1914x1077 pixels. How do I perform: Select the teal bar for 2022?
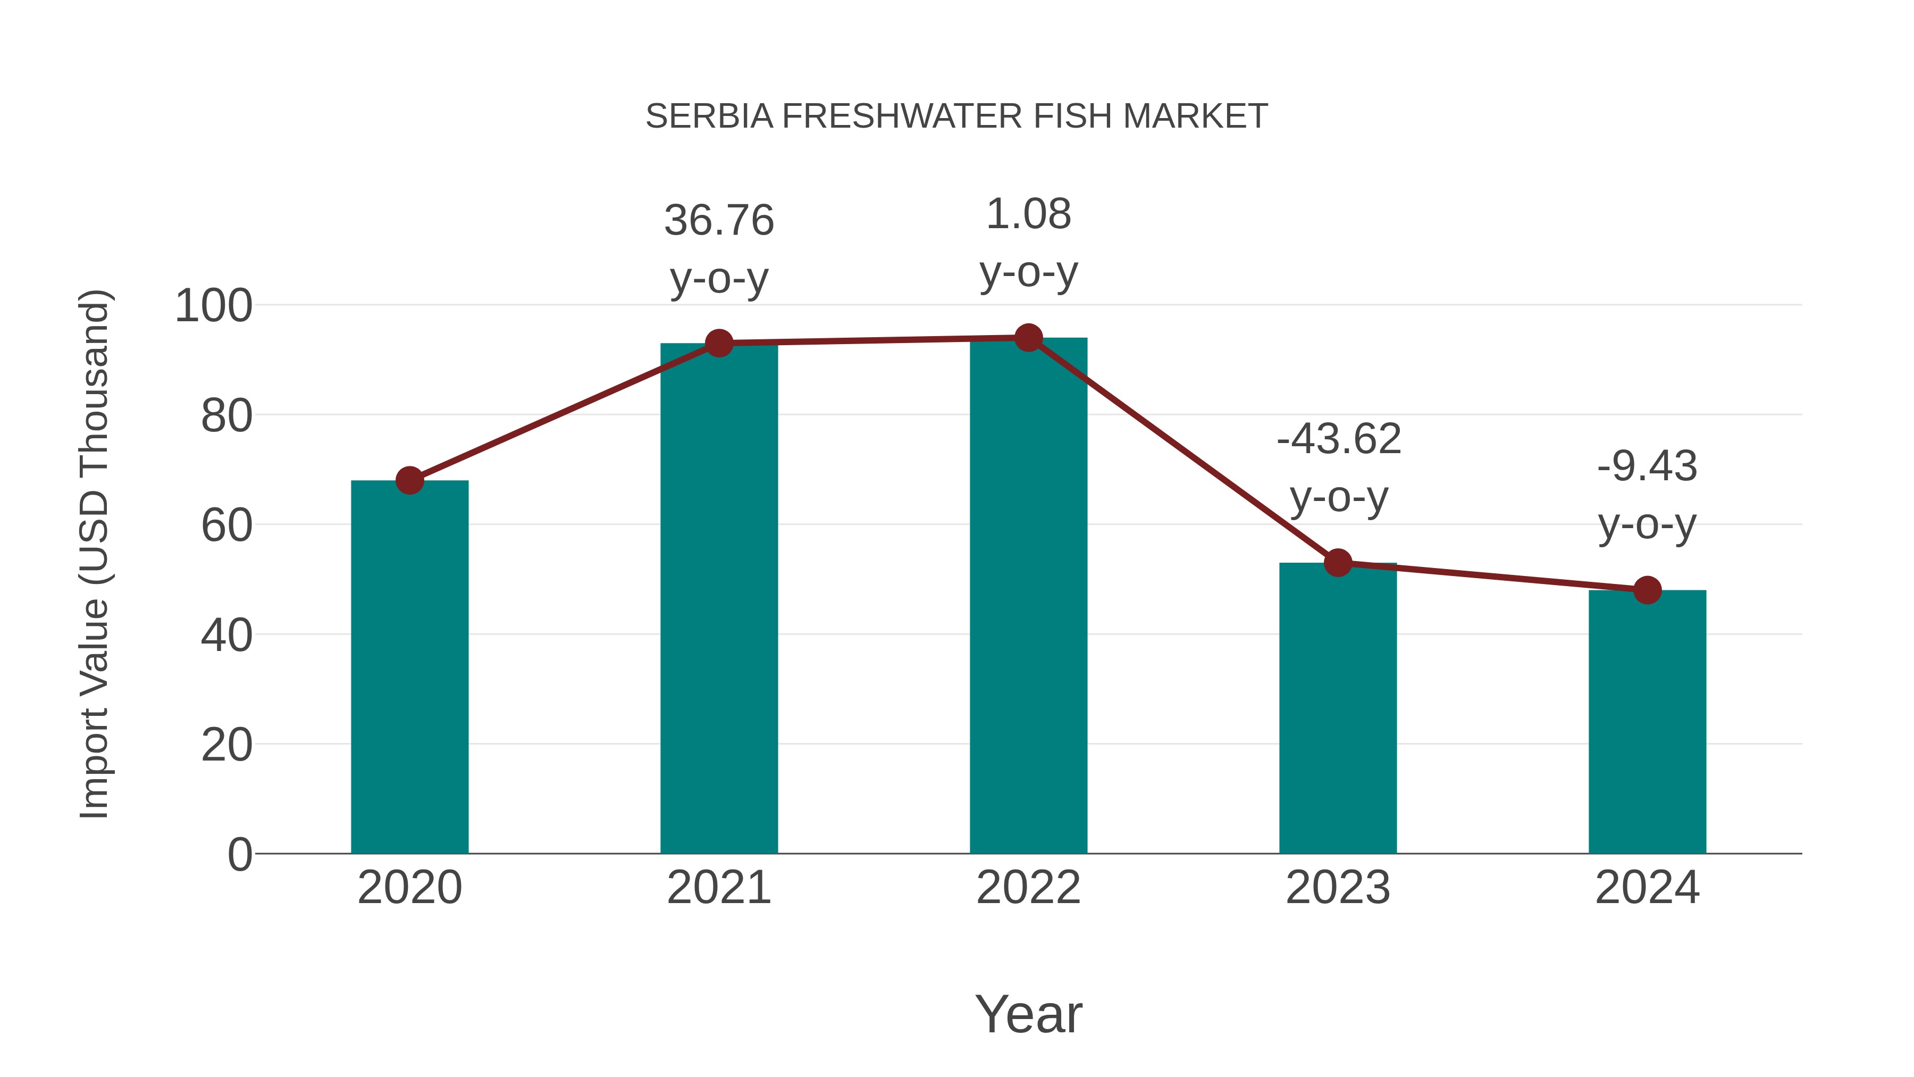[x=1028, y=595]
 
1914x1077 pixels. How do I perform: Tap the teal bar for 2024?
[x=1647, y=722]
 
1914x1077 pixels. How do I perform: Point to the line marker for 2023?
[x=1338, y=563]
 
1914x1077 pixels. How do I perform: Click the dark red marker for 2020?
[x=409, y=481]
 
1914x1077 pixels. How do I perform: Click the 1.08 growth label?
[x=1028, y=215]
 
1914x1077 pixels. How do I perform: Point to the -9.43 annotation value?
[x=1647, y=467]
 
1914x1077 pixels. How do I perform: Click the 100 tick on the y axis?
[x=213, y=306]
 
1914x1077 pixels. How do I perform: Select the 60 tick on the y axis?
[x=226, y=526]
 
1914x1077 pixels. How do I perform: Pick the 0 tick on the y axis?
[x=239, y=855]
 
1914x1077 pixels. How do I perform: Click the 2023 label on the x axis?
[x=1338, y=888]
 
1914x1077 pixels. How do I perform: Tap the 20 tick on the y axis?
[x=226, y=746]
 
